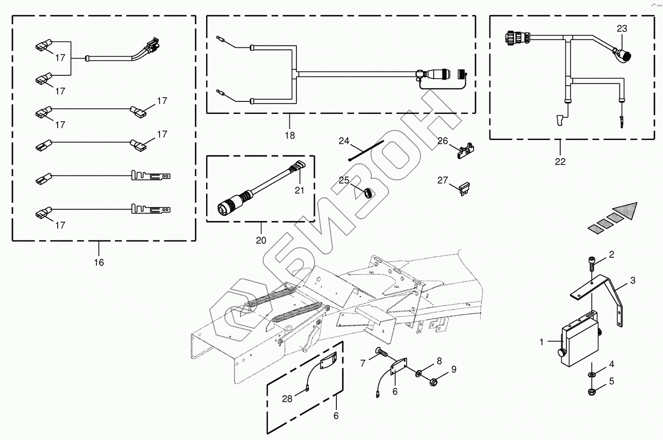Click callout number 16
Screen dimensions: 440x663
point(99,262)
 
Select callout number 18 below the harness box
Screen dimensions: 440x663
point(289,135)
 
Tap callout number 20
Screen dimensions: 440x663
point(261,240)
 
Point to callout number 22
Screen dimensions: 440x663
point(560,161)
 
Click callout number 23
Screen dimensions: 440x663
point(622,29)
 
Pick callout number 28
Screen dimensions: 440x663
point(287,399)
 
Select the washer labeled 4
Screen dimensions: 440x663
point(592,374)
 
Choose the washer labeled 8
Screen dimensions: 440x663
point(419,373)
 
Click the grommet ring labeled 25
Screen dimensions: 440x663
point(368,192)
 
